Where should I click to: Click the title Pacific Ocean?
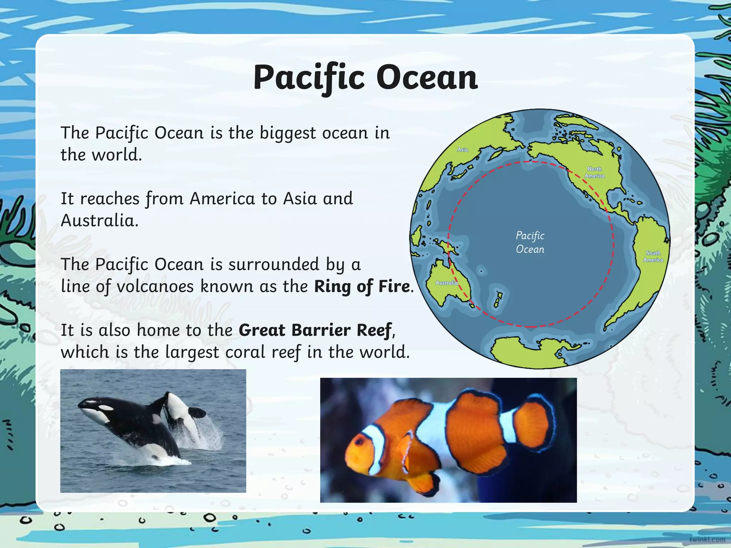pos(365,78)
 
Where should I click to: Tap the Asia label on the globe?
pos(463,149)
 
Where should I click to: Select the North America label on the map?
pos(594,172)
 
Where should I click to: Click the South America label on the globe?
pos(653,256)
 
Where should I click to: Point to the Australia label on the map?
pos(447,283)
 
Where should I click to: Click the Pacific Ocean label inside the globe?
pos(530,242)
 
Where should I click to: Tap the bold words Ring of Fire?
pos(362,286)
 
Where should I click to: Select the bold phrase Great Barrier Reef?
pos(316,330)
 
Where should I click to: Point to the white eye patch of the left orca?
pos(106,407)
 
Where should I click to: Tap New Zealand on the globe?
pos(498,299)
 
